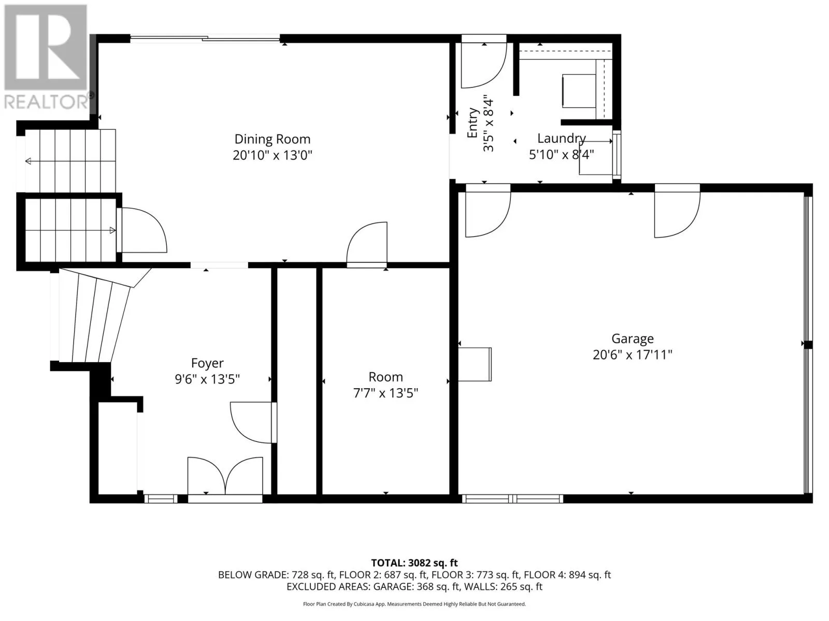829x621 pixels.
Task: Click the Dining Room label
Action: tap(273, 139)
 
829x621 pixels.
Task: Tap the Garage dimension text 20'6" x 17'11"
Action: tap(632, 355)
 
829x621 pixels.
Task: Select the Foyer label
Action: tap(207, 363)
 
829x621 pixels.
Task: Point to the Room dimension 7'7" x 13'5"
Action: tap(385, 393)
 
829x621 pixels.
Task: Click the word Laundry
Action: tap(562, 139)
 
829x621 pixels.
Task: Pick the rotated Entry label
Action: tap(473, 123)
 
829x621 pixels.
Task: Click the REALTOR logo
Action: tap(47, 56)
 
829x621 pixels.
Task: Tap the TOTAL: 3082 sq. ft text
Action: tap(414, 563)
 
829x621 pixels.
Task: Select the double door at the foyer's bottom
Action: tap(225, 479)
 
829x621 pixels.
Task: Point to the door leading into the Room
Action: tap(367, 244)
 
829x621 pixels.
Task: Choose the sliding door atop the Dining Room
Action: tap(205, 38)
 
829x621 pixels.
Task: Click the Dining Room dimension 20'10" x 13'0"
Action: tap(273, 155)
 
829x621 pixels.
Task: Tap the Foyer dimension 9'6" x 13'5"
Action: tap(207, 379)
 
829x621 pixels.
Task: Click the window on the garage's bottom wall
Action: tap(512, 498)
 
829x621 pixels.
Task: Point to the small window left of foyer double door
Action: tap(161, 498)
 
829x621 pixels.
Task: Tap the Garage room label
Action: tap(633, 338)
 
